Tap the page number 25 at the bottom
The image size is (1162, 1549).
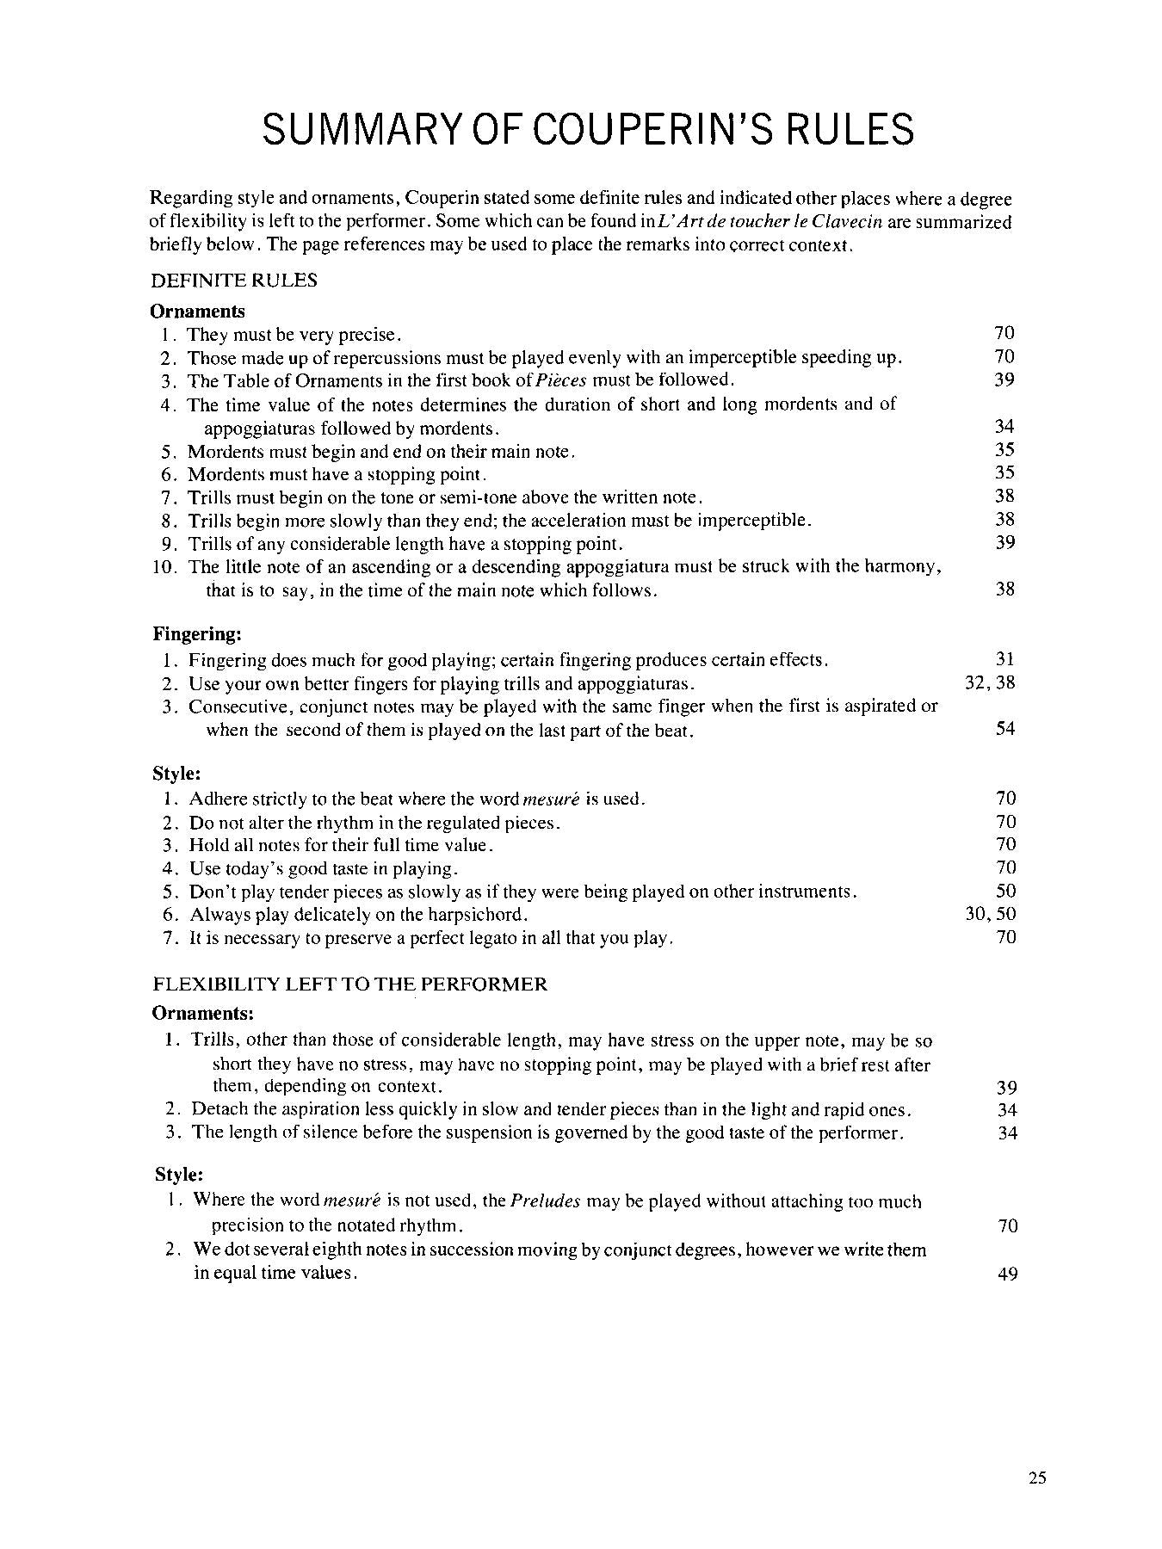pos(1036,1478)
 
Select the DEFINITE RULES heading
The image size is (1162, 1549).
pos(234,281)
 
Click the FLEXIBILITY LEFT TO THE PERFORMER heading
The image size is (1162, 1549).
pos(349,984)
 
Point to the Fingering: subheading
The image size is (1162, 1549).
pos(197,634)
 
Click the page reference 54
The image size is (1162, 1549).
pos(1004,729)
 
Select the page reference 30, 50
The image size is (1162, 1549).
pos(990,914)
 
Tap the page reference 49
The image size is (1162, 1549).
pos(1007,1274)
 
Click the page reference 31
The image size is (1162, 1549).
pos(1004,659)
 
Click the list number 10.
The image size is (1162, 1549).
pos(164,567)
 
